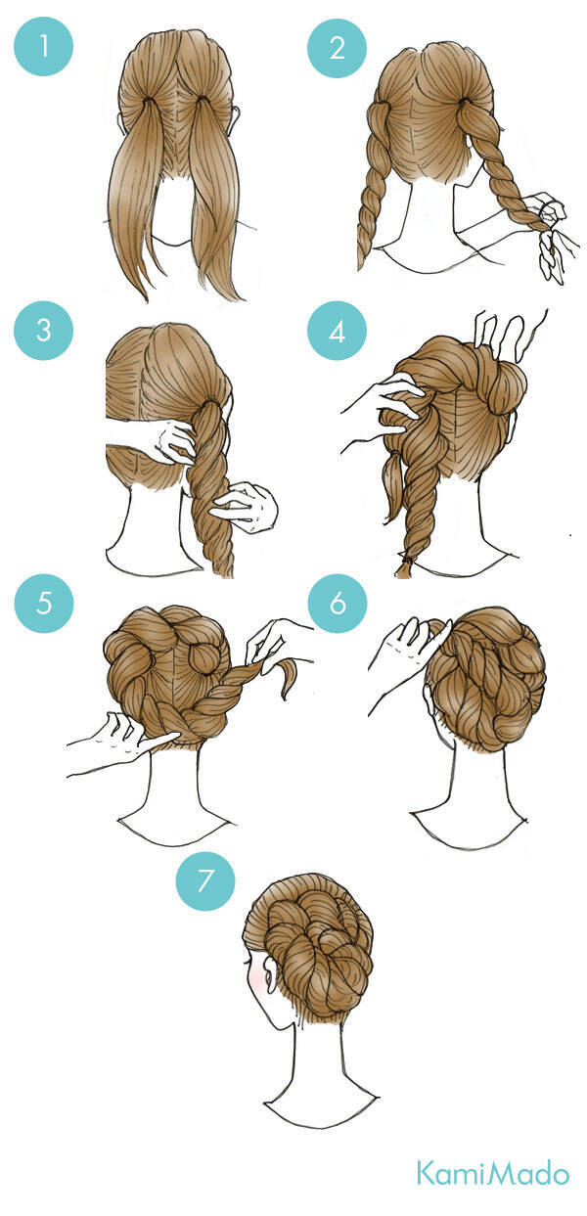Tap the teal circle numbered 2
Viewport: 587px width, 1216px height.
(338, 47)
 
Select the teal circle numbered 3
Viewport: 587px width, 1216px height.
(43, 330)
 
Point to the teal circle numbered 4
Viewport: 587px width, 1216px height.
(338, 330)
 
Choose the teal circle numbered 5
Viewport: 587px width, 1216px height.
(43, 604)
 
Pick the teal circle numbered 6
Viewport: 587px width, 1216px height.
(338, 604)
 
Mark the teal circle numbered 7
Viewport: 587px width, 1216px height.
(205, 879)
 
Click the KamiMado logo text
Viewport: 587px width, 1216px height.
(493, 1173)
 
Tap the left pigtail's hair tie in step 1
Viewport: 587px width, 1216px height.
(148, 101)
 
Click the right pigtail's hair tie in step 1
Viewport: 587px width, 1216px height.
(202, 101)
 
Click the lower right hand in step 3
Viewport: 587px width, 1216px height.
(248, 507)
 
